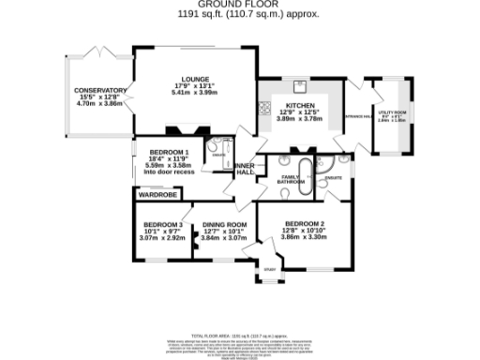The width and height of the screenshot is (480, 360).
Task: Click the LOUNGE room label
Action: (195, 79)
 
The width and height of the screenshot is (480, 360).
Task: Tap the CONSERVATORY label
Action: (100, 91)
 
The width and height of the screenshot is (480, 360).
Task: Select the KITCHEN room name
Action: (298, 107)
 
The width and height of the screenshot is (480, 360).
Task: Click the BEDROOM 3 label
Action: (162, 224)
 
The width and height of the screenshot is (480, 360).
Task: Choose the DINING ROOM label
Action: (224, 224)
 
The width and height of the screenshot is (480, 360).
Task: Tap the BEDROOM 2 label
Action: (304, 222)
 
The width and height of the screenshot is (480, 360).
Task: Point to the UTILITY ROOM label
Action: (391, 112)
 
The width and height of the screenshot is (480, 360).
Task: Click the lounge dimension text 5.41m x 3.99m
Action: (195, 92)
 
